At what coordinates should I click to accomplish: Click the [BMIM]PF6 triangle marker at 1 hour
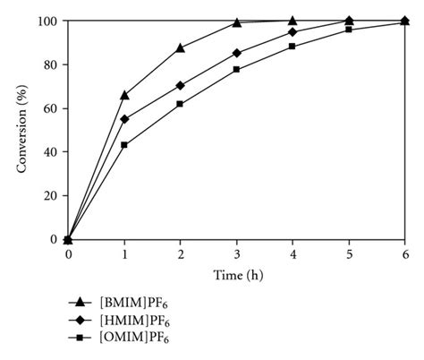(x=124, y=95)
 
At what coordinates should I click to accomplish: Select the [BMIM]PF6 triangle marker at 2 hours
(x=181, y=47)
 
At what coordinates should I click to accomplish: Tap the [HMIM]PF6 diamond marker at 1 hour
(x=124, y=119)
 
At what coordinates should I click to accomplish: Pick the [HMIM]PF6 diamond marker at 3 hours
(x=236, y=53)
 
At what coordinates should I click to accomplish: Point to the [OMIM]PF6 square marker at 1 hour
(x=124, y=145)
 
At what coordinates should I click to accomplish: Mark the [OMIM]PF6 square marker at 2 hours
(x=181, y=104)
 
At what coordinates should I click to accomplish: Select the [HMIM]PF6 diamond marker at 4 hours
(x=293, y=32)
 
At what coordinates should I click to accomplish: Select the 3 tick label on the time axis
(x=236, y=254)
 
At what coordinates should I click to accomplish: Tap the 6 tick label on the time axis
(x=404, y=254)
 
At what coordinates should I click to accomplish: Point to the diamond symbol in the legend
(x=80, y=321)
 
